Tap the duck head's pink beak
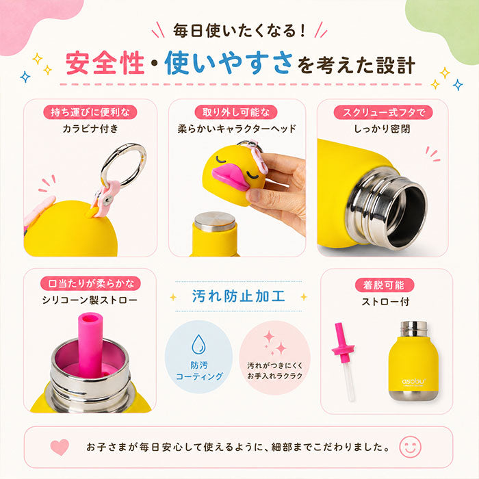[x=231, y=177]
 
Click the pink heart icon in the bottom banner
[x=60, y=448]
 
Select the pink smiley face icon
[x=411, y=447]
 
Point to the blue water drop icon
[x=198, y=344]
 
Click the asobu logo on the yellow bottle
[x=413, y=382]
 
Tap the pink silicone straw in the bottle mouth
[x=90, y=344]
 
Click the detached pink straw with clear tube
[x=344, y=361]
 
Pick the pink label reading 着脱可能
[x=385, y=285]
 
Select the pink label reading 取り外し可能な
[x=236, y=112]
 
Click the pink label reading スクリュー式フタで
[x=383, y=112]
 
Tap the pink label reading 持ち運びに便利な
[x=90, y=112]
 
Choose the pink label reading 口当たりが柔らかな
[x=90, y=283]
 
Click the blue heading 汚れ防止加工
[x=238, y=296]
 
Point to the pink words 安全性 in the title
[x=105, y=63]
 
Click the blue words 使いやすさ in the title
[x=229, y=63]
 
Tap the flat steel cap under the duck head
[x=215, y=222]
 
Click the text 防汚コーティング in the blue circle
[x=199, y=371]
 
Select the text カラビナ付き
[x=90, y=129]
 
